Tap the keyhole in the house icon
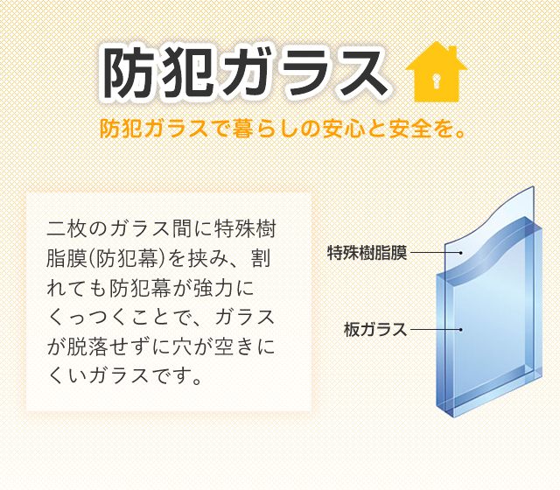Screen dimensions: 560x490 (x=436, y=80)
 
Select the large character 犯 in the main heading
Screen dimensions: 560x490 (x=186, y=73)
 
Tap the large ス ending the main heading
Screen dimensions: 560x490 (x=358, y=73)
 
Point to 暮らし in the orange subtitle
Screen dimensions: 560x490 (x=266, y=129)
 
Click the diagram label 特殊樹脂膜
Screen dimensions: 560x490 (x=367, y=253)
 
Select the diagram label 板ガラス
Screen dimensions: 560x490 (x=375, y=329)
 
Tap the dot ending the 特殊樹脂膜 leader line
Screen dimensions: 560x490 (x=461, y=253)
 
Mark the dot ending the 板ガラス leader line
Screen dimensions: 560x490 (x=461, y=329)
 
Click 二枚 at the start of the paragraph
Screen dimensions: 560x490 (x=66, y=229)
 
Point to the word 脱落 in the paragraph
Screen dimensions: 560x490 (x=87, y=347)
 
